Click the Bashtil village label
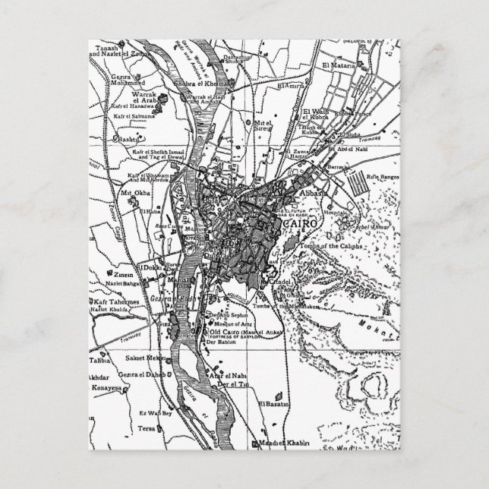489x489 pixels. click(x=130, y=140)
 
